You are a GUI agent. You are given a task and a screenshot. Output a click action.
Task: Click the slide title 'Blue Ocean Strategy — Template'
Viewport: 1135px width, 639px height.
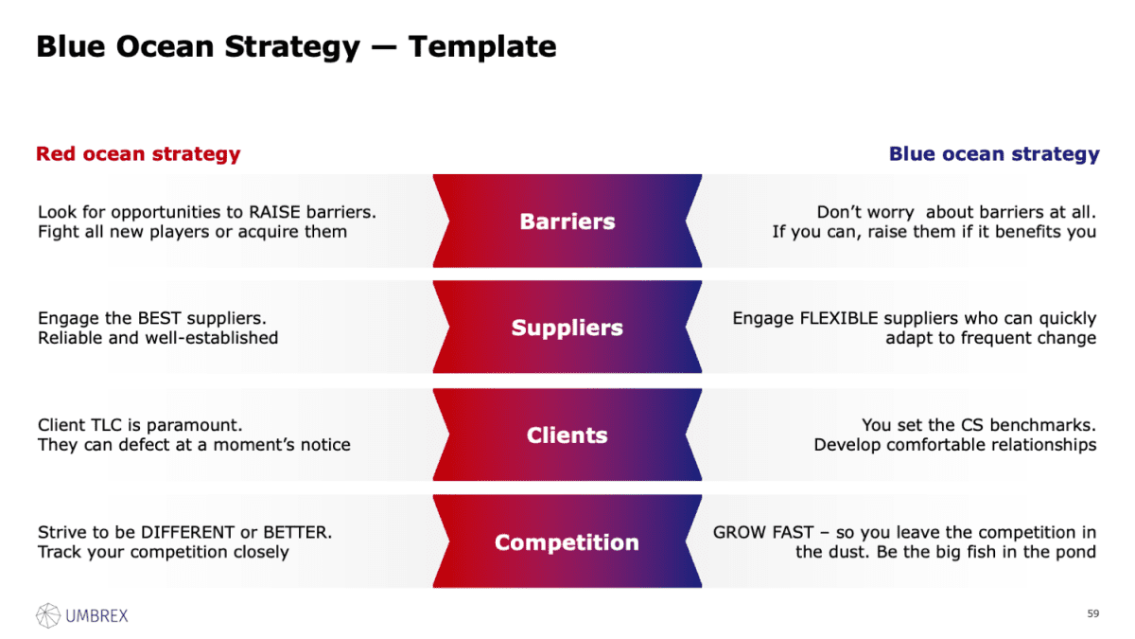point(296,46)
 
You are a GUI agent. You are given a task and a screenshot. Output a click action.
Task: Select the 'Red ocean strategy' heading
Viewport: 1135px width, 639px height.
point(138,153)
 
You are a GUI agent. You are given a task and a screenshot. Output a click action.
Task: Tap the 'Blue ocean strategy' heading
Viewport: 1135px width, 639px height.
point(994,153)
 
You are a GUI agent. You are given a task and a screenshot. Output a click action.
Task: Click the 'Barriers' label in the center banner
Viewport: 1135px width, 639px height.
point(567,222)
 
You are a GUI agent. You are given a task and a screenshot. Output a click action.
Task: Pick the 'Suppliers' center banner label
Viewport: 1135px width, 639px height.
point(567,328)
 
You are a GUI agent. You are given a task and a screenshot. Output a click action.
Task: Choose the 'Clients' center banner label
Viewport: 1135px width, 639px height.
point(567,435)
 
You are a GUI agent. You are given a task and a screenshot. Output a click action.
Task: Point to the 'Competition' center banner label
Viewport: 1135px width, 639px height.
point(567,542)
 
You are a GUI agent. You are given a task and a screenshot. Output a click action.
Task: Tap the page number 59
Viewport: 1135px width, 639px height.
point(1093,614)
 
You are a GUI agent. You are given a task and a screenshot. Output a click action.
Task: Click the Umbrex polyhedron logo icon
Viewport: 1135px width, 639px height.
point(48,615)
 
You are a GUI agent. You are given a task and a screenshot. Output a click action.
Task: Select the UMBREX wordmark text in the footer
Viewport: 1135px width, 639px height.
point(96,616)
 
